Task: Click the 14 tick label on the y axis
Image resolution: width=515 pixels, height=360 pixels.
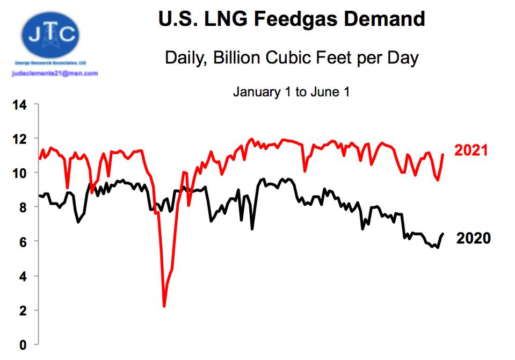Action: tap(19, 104)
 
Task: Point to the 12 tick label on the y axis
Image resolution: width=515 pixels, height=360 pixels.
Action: tap(19, 139)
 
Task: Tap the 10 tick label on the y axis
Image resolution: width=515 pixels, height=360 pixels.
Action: tap(19, 173)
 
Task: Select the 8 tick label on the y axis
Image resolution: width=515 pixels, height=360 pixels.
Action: tap(23, 207)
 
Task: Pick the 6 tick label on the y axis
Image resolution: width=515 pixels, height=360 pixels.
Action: tap(23, 242)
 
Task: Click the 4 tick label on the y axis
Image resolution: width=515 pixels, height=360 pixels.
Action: tap(23, 276)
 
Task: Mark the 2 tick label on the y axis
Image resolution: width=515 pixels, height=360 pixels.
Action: tap(23, 311)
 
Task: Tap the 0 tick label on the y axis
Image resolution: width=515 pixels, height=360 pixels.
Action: tap(23, 344)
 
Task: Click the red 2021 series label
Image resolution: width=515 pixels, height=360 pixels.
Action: tap(472, 150)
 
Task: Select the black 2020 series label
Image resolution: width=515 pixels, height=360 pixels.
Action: tap(473, 238)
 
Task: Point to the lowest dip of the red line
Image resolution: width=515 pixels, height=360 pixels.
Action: tap(164, 306)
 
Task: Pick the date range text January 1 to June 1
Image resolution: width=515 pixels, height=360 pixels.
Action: tap(291, 92)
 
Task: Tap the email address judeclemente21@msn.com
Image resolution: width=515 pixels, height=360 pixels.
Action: tap(55, 73)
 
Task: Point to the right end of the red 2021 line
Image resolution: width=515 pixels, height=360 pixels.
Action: tap(444, 155)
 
